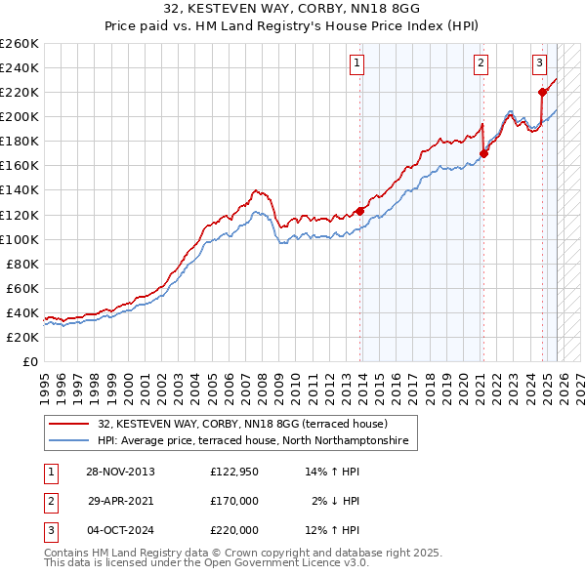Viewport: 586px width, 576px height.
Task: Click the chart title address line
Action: (x=292, y=10)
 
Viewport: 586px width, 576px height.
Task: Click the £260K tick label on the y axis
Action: (x=19, y=44)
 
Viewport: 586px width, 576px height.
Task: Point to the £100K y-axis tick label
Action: (x=19, y=239)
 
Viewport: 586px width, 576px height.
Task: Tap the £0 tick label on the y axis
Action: (x=29, y=362)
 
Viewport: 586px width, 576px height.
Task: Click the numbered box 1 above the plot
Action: (x=357, y=64)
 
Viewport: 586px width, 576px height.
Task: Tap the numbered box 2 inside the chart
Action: (x=481, y=64)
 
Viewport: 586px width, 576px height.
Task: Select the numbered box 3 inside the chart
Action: (x=539, y=64)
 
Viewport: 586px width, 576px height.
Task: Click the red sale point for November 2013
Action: (x=359, y=211)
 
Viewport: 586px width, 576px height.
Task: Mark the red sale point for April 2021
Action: (x=483, y=153)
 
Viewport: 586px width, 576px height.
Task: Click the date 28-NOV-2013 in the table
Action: (x=120, y=472)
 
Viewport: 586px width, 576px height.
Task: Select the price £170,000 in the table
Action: (x=234, y=501)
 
